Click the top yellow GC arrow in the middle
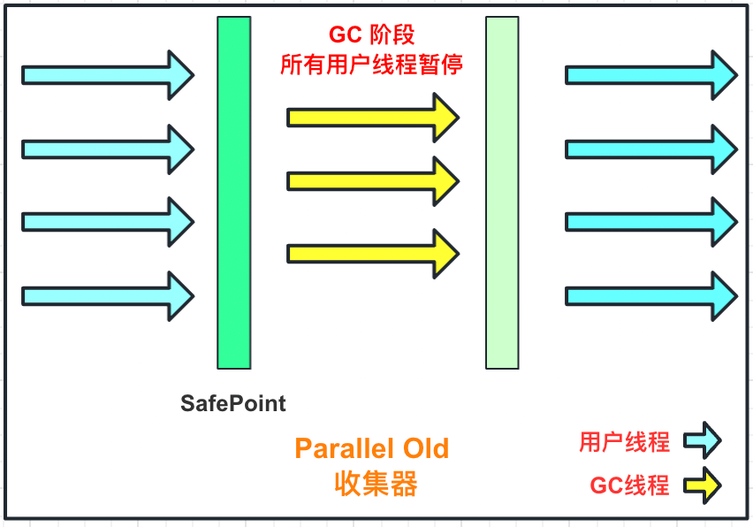(x=372, y=117)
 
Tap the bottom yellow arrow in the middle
(x=372, y=253)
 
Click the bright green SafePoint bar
(x=234, y=193)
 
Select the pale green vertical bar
(x=502, y=193)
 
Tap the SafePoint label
(x=233, y=404)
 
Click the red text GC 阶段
(x=372, y=34)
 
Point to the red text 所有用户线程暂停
(x=372, y=65)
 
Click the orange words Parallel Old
(x=372, y=448)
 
